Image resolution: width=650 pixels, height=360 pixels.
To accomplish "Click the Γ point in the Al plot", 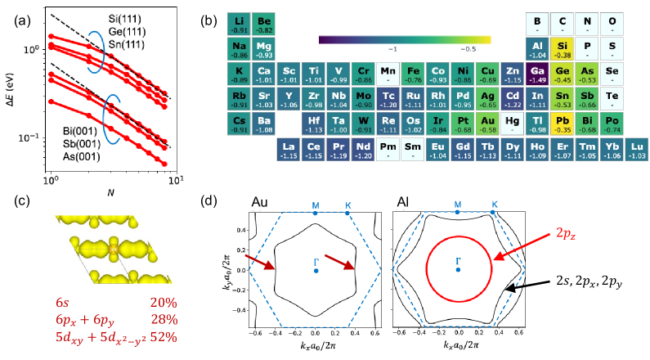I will coord(459,262).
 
